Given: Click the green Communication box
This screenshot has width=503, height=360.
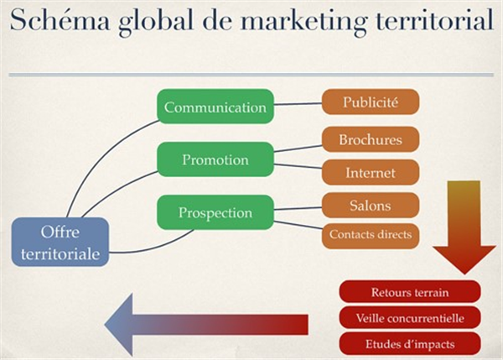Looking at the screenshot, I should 215,107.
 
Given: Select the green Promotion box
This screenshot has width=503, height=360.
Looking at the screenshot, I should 215,159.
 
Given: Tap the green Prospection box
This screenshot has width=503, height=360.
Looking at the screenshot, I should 215,212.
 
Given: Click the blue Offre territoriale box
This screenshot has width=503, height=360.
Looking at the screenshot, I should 60,242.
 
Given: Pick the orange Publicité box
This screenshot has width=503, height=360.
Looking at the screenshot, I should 370,102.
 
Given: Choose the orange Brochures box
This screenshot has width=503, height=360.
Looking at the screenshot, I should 370,139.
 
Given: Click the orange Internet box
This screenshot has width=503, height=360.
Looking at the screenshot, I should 370,173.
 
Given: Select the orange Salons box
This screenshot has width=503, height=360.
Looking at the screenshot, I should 370,205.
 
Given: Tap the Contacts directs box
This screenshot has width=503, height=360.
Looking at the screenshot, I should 370,235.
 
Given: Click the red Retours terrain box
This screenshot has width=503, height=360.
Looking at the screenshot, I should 410,293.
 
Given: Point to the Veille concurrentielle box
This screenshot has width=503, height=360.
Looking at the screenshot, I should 410,318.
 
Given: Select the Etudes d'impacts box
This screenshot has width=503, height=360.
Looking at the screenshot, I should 410,343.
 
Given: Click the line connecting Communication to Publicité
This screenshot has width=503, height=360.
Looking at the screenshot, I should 298,105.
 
